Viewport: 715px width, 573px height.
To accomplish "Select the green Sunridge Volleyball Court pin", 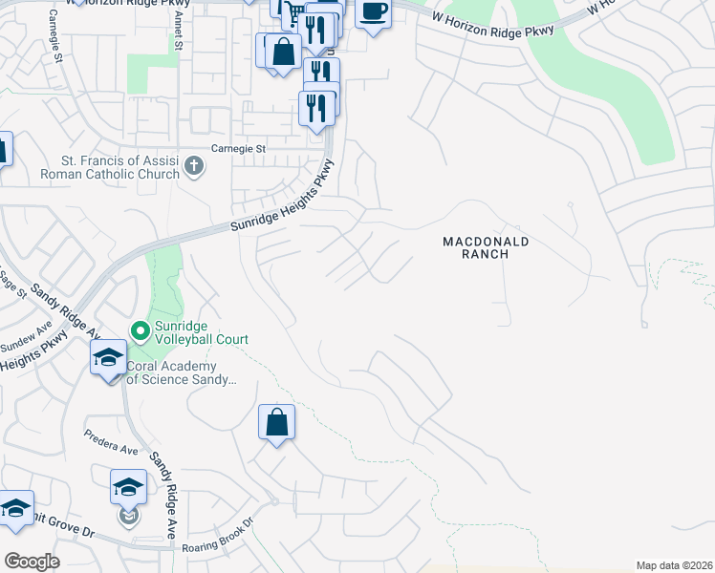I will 141,331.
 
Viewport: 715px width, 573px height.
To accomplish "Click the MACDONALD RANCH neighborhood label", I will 486,247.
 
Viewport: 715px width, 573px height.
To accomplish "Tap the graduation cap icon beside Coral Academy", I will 107,358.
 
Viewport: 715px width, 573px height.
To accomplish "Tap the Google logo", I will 32,562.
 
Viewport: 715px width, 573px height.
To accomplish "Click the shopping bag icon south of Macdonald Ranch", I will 276,421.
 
